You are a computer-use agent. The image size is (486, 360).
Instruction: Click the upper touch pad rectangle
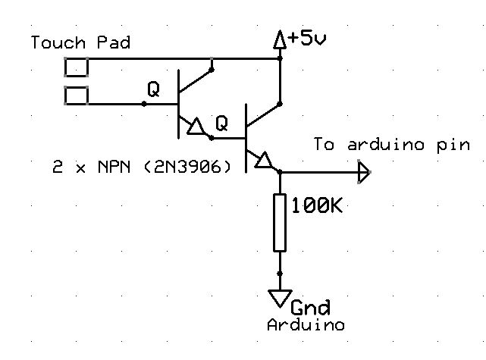coord(77,67)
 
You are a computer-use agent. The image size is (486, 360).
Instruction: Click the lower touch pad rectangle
coord(77,95)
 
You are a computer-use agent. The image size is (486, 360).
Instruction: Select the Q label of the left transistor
coord(154,89)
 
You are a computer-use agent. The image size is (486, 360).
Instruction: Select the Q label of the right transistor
coord(221,123)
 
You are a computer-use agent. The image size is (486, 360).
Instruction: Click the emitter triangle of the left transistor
coord(196,127)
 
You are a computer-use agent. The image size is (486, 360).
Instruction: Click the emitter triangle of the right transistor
coord(264,161)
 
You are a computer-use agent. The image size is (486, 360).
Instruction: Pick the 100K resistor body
coord(280,223)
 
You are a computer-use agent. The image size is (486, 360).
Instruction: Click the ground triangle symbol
coord(280,296)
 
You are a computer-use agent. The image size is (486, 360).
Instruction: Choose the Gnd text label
coord(311,307)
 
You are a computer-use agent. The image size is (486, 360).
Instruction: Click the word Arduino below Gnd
coord(306,325)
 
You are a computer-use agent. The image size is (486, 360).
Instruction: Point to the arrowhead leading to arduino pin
coord(364,174)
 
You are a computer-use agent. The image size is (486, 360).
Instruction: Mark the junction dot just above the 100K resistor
coord(280,174)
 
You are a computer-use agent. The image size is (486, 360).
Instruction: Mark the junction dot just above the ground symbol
coord(280,274)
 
